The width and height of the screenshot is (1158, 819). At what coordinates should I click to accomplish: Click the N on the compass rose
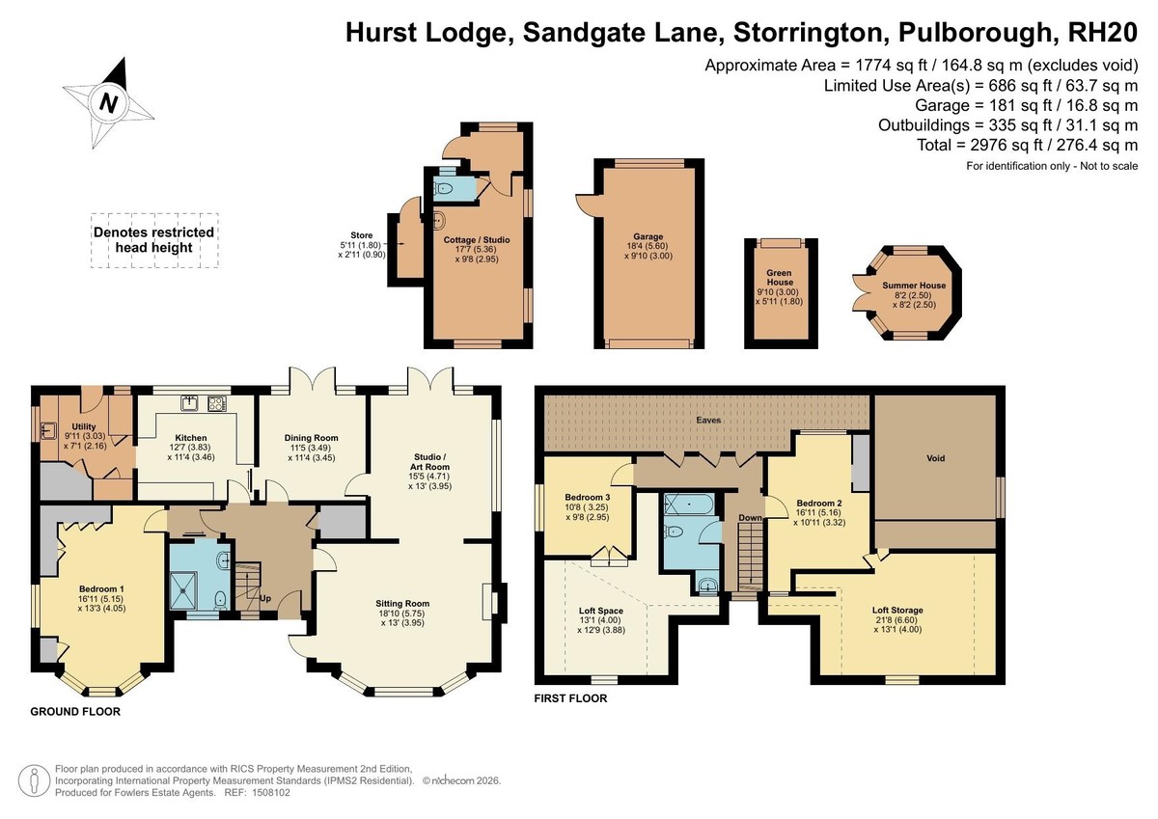coord(108,103)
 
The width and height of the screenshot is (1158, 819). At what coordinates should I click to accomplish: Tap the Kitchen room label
coord(191,438)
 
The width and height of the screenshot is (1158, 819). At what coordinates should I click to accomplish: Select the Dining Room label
coord(311,438)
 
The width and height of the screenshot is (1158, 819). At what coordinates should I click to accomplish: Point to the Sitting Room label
coord(402,604)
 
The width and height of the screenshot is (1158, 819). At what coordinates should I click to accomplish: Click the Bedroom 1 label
coord(101,589)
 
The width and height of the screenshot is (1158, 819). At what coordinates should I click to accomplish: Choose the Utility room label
coord(84,426)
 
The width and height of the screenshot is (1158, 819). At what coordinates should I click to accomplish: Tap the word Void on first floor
coord(936,458)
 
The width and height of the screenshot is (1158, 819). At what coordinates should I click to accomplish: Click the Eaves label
coord(708,420)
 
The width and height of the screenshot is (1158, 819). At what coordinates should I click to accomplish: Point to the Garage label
coord(648,236)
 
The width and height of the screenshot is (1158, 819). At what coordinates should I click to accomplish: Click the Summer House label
coord(914,286)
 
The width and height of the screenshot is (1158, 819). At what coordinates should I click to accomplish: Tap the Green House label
coord(780,278)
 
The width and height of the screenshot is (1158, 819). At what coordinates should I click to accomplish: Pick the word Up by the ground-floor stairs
coord(265,599)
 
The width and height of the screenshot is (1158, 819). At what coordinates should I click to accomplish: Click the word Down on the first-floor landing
coord(750,518)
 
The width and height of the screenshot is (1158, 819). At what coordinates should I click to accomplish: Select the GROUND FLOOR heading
coord(75,712)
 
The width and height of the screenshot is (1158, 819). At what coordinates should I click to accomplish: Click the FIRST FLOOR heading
coord(570,698)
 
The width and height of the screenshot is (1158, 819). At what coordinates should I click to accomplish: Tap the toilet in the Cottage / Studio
coord(444,189)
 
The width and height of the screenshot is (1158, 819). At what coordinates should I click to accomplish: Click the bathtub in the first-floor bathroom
coord(689,504)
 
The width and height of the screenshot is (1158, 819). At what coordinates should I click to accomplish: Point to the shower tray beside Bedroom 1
coord(183,590)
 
